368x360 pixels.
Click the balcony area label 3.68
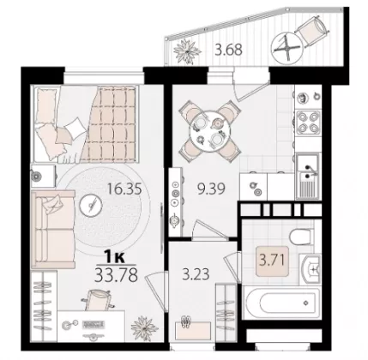coord(229,50)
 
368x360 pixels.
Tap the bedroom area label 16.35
coord(124,189)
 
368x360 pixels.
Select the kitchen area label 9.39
coord(212,189)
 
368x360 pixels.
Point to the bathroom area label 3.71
coord(272,261)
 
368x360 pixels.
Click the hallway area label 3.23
coord(196,273)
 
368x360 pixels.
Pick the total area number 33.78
coord(116,275)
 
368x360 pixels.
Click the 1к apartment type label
coord(115,258)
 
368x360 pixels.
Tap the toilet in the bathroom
coord(301,237)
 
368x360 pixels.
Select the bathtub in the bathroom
coord(281,303)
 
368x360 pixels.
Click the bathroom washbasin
coord(311,268)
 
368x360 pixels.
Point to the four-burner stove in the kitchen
coord(308,123)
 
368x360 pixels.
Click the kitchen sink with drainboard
coord(308,176)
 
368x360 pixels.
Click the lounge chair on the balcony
coord(311,31)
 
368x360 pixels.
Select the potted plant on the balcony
coord(187,51)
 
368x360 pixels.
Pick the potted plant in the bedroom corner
coord(144,328)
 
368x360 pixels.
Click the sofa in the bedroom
coord(53,230)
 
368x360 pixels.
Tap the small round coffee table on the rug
coord(91,206)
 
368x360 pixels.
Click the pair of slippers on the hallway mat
coord(186,321)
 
